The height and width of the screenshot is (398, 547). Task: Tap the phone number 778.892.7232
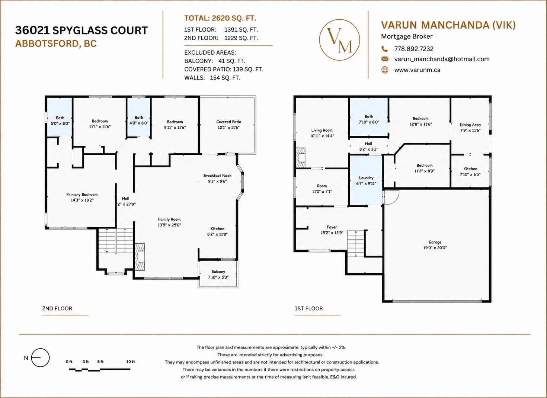pyautogui.click(x=414, y=49)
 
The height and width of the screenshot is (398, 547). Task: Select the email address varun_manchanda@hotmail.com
pyautogui.click(x=442, y=59)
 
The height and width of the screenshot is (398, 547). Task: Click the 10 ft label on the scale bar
pyautogui.click(x=130, y=362)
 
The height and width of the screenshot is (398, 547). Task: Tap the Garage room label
pyautogui.click(x=435, y=242)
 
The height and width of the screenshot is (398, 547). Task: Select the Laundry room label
pyautogui.click(x=366, y=178)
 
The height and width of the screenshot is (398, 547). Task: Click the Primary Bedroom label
pyautogui.click(x=82, y=195)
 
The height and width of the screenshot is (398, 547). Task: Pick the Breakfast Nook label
pyautogui.click(x=217, y=176)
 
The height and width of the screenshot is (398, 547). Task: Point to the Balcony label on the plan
pyautogui.click(x=218, y=272)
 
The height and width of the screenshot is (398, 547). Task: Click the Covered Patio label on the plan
pyautogui.click(x=228, y=122)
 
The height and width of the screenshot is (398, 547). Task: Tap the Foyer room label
pyautogui.click(x=332, y=227)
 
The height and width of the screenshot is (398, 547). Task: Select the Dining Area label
pyautogui.click(x=470, y=125)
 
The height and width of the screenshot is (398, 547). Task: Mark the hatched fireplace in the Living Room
pyautogui.click(x=300, y=158)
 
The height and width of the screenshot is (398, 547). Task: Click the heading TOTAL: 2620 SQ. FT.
pyautogui.click(x=220, y=18)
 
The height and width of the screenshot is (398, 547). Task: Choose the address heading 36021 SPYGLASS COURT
pyautogui.click(x=81, y=31)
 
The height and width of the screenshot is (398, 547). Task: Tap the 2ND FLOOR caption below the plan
pyautogui.click(x=57, y=308)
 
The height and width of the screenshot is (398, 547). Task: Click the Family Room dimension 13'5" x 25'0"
pyautogui.click(x=169, y=225)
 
